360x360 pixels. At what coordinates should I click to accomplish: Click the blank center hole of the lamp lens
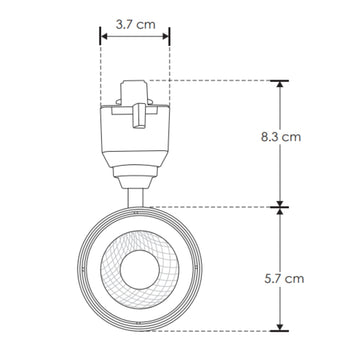click(x=136, y=269)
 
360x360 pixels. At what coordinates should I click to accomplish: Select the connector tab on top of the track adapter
click(x=134, y=89)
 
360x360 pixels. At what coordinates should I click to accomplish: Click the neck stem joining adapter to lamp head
click(x=134, y=190)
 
